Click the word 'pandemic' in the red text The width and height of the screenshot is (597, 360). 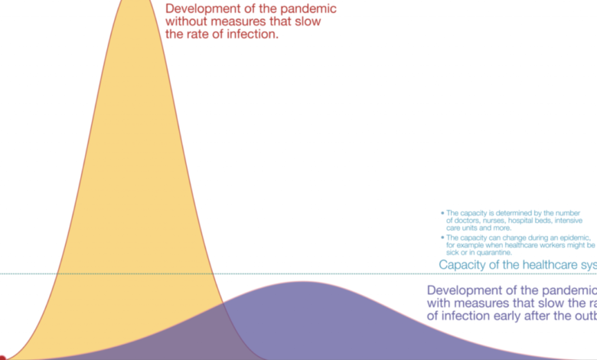tap(304, 9)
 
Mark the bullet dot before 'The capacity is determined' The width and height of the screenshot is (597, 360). tap(442, 213)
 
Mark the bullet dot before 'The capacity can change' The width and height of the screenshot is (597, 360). tap(442, 237)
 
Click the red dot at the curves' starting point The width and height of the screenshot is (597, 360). tap(2, 358)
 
